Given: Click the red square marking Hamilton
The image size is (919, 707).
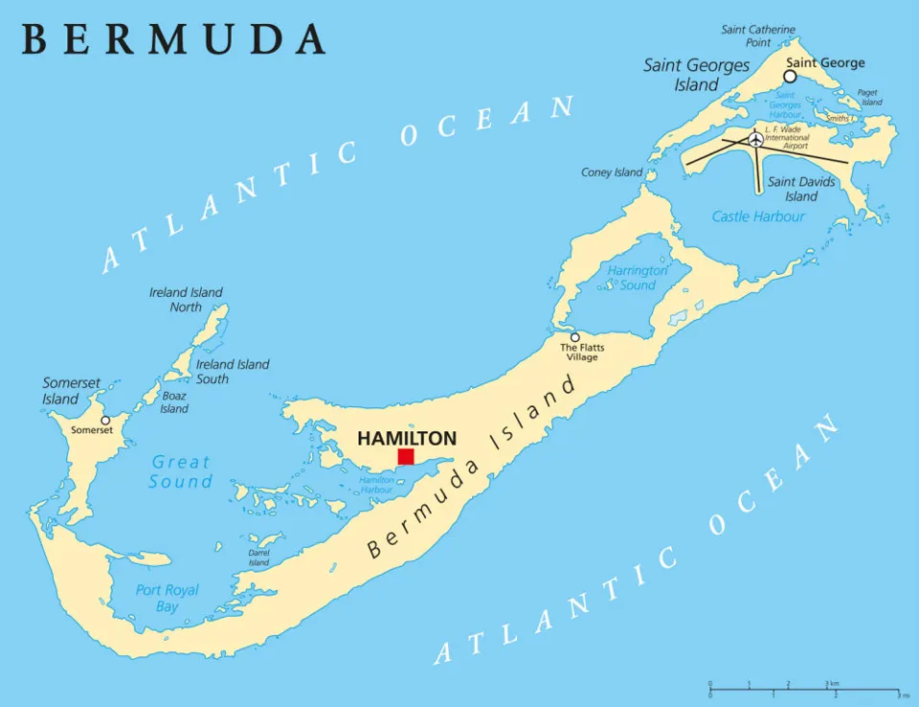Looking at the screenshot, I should coord(406,456).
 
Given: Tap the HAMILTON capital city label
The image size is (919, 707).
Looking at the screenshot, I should coord(407,438).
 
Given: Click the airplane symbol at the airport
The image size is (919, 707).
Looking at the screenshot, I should coord(756,140).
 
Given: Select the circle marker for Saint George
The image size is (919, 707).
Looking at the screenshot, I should coord(790,76).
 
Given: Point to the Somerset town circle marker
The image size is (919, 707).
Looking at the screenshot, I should coord(105,420).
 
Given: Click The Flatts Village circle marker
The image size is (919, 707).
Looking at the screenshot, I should coord(574,337).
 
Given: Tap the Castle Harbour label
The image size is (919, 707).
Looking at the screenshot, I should coord(758,217).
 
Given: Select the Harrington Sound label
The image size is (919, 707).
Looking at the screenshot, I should coord(637,278).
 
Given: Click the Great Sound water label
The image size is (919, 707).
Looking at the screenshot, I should coord(180,472).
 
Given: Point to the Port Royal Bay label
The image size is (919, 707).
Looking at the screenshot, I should coord(167,598).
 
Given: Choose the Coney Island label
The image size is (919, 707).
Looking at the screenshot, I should coord(612,172).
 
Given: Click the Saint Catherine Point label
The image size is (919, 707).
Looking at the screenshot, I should coord(758,35).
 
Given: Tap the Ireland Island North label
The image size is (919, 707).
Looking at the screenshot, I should coord(186,299).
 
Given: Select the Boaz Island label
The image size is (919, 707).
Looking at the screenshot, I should coord(174,402).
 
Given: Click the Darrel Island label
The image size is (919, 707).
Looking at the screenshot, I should coord(258,558).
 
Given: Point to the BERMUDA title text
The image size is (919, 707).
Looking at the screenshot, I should coord(172,38).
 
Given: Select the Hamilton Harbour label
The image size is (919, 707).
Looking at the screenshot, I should coord(376,484).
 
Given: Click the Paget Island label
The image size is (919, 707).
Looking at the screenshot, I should coord(869,98).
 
